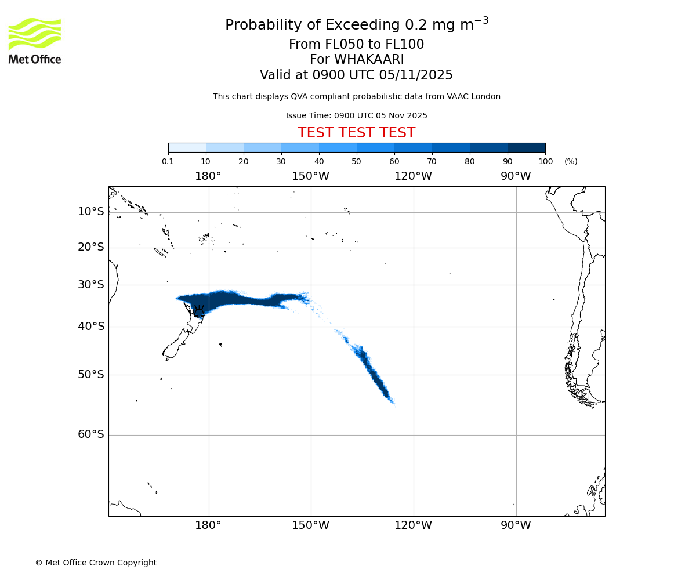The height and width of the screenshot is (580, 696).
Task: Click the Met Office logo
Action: click(35, 41)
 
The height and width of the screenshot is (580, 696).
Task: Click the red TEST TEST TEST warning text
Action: click(356, 133)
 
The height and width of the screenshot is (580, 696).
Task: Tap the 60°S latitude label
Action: click(91, 434)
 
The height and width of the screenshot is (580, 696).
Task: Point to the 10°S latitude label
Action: click(91, 212)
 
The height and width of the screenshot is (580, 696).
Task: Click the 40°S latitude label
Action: click(91, 327)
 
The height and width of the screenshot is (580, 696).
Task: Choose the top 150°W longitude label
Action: click(310, 176)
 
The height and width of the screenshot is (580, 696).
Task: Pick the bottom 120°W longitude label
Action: click(413, 525)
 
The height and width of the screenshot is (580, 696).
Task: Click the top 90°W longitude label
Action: click(516, 176)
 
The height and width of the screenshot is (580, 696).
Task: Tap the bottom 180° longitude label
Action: click(208, 525)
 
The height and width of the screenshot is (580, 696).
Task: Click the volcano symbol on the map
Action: click(199, 310)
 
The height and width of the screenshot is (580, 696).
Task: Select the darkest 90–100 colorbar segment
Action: click(526, 148)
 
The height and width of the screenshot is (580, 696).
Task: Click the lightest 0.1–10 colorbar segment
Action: click(187, 148)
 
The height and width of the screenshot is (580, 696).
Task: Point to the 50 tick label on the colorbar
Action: click(356, 161)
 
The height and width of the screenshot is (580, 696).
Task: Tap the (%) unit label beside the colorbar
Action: click(571, 161)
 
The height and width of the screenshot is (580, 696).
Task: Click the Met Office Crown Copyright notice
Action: click(96, 563)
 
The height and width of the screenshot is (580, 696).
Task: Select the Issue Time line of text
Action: click(356, 115)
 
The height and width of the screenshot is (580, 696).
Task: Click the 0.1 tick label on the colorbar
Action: click(168, 161)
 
